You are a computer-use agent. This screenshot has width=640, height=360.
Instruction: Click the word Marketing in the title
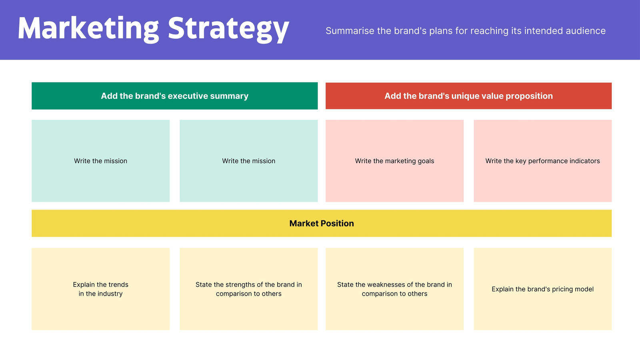tap(88, 28)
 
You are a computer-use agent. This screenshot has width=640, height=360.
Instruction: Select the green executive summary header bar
tap(174, 96)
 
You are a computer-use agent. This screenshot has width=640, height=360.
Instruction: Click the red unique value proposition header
tap(468, 96)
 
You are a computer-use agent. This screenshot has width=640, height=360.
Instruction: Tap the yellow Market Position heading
tap(322, 223)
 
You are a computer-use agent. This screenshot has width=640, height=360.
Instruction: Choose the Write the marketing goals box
tap(394, 161)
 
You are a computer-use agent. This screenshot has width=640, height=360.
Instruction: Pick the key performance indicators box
tap(542, 161)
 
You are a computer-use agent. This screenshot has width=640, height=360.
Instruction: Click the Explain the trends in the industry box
tap(100, 289)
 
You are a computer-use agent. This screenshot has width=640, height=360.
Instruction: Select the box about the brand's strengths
tap(248, 289)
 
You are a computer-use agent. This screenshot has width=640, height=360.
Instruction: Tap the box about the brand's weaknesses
tap(394, 289)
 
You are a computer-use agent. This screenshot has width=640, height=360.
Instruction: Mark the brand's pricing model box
tap(542, 289)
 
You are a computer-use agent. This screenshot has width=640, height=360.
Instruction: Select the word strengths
tap(240, 285)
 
